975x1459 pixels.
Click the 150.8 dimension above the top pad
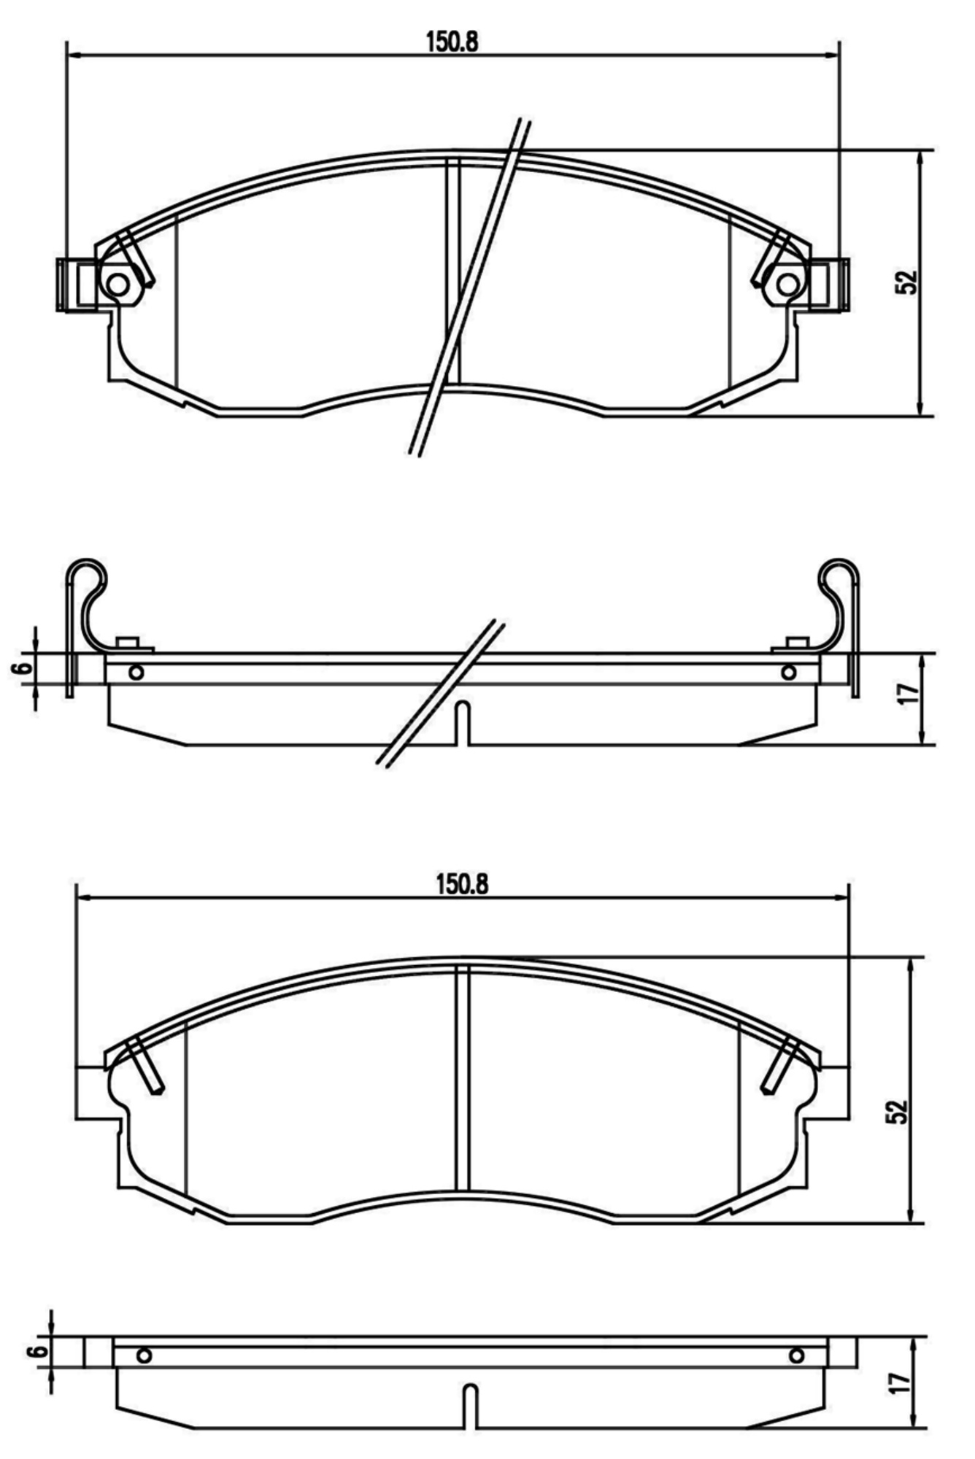[452, 42]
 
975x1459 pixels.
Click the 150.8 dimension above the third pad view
[462, 884]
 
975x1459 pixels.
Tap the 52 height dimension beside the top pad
[906, 282]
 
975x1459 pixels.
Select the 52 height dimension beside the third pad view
[897, 1111]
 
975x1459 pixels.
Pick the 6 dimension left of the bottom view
[39, 1350]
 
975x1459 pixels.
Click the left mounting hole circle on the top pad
[117, 284]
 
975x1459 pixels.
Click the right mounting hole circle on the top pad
[787, 284]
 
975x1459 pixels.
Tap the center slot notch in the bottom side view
[471, 1406]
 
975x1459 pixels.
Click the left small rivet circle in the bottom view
[144, 1355]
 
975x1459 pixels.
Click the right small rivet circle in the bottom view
[796, 1355]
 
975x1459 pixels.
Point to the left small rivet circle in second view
[136, 672]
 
